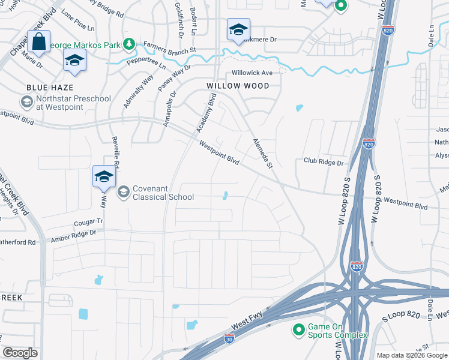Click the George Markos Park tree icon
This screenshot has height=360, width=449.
[x=128, y=44]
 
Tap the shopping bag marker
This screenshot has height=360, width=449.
[x=39, y=42]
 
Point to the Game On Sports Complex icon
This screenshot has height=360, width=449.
[x=298, y=329]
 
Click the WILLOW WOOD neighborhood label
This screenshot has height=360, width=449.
[x=238, y=86]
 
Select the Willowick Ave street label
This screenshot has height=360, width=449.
[x=252, y=73]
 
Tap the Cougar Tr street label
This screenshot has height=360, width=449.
[x=88, y=221]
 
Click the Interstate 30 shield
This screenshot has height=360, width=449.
[x=229, y=339]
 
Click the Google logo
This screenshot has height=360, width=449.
[x=20, y=353]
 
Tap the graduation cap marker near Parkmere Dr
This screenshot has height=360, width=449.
[x=238, y=29]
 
